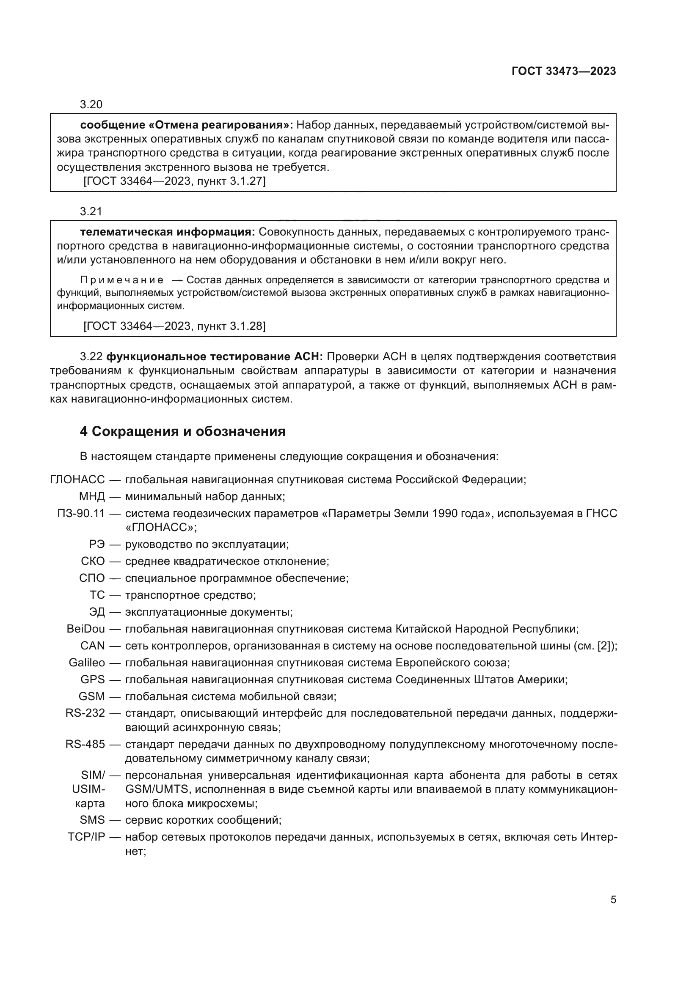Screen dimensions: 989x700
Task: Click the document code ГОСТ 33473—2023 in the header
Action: pos(563,71)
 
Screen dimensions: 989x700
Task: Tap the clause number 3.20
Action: pos(91,104)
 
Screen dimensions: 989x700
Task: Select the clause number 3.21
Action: pos(91,211)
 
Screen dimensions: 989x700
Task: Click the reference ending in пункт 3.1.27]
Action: pos(174,181)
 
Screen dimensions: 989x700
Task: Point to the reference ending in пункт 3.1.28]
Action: pos(174,326)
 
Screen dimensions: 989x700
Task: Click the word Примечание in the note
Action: pos(122,280)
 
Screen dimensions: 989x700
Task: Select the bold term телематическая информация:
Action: pos(168,232)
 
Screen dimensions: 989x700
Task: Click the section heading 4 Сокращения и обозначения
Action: pos(182,431)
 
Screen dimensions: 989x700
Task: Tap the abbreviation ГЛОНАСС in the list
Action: pos(77,479)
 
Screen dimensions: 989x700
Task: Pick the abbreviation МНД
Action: pos(92,496)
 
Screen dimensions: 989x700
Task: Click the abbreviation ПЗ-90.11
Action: pos(81,513)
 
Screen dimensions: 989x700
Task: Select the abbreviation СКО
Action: pos(93,561)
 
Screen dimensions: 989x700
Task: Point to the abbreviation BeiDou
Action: pos(86,628)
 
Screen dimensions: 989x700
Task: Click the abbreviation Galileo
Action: pos(87,662)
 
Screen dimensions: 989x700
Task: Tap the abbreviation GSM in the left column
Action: pos(92,696)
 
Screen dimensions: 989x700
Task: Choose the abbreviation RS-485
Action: pos(85,744)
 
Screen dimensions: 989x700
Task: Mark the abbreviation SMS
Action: pos(92,820)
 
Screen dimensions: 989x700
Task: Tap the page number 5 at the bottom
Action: pos(613,899)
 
